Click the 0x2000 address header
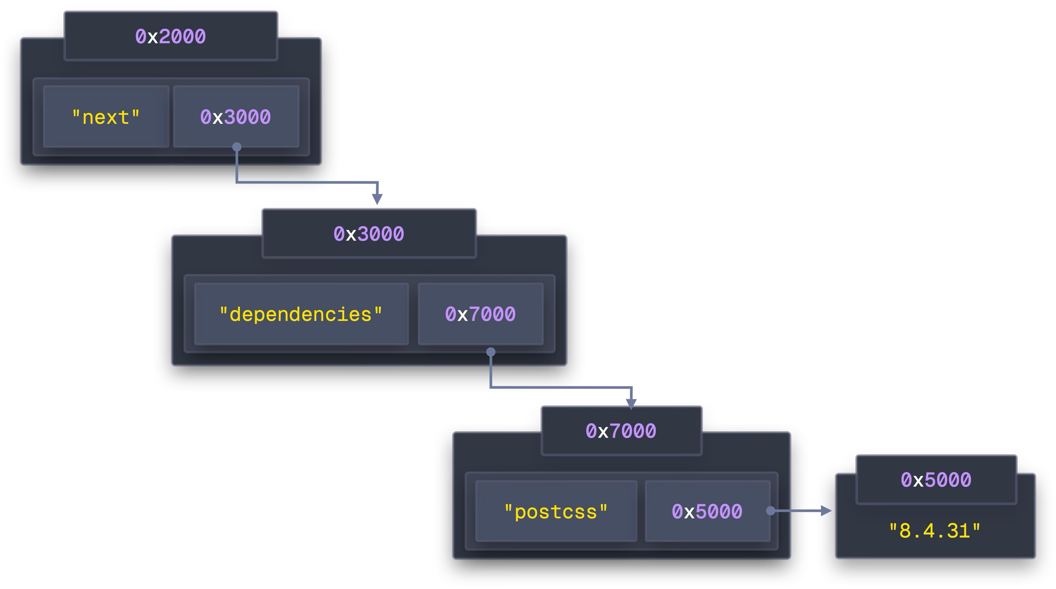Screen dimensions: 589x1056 171,36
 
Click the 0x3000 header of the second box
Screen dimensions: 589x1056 369,234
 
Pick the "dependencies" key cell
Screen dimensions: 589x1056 301,314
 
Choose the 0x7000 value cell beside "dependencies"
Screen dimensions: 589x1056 480,314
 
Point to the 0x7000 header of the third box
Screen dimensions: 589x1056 621,431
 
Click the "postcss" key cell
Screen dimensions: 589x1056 556,511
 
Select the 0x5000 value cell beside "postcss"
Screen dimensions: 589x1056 707,511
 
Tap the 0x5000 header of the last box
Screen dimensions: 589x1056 936,479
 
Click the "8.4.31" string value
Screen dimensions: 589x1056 935,531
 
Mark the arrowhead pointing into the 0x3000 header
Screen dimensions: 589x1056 377,199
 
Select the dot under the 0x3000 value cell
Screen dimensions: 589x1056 237,147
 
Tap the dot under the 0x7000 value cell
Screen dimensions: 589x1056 491,352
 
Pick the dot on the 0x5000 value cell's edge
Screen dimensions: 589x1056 771,511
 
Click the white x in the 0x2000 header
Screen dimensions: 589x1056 152,37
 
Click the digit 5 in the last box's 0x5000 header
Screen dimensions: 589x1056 931,479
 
